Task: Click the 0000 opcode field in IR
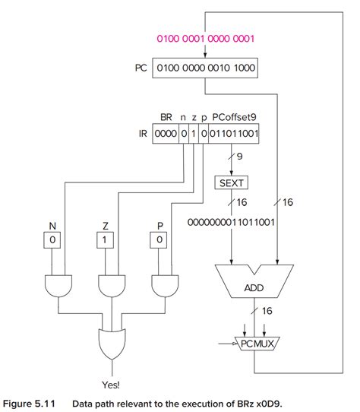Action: [165, 134]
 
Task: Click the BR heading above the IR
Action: [166, 119]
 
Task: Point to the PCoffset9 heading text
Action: [236, 119]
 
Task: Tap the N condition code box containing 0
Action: [53, 240]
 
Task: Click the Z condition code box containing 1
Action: [106, 240]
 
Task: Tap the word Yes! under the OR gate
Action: [111, 385]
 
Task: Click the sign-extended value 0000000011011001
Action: [231, 224]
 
